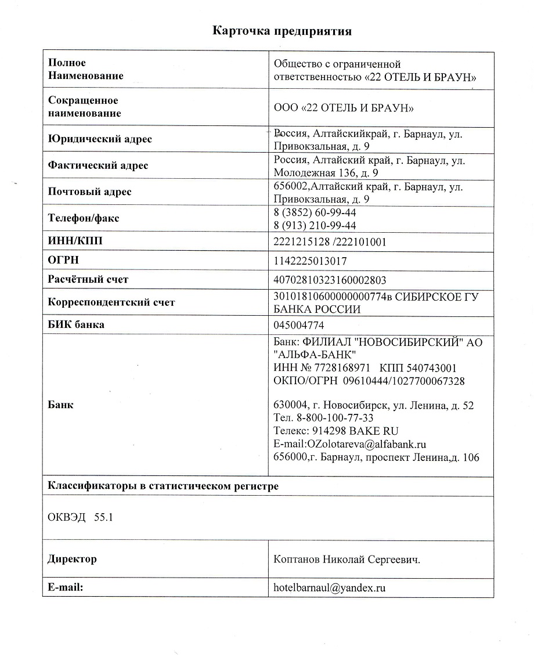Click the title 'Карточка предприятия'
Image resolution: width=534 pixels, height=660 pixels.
click(282, 31)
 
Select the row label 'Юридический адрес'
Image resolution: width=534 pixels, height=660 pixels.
click(100, 139)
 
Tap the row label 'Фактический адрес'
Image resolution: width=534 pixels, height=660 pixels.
click(98, 165)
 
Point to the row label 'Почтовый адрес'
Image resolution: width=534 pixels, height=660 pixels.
click(89, 192)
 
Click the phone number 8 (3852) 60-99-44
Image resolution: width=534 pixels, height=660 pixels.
click(315, 213)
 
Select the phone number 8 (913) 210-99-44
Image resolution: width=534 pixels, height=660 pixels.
click(315, 225)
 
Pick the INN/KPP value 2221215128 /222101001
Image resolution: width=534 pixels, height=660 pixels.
click(330, 241)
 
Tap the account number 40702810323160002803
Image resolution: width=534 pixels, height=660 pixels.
click(330, 280)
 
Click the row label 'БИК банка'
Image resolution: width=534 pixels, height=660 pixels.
click(76, 325)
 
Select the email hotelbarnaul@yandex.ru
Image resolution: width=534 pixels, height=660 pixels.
click(330, 587)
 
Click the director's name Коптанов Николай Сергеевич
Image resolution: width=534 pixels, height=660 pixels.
click(347, 560)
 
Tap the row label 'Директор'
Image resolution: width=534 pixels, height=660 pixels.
click(72, 560)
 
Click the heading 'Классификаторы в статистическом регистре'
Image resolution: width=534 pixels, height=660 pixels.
click(163, 486)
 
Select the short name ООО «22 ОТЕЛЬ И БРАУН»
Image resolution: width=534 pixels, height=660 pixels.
click(343, 108)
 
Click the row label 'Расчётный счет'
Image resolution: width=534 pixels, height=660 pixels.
click(88, 280)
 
